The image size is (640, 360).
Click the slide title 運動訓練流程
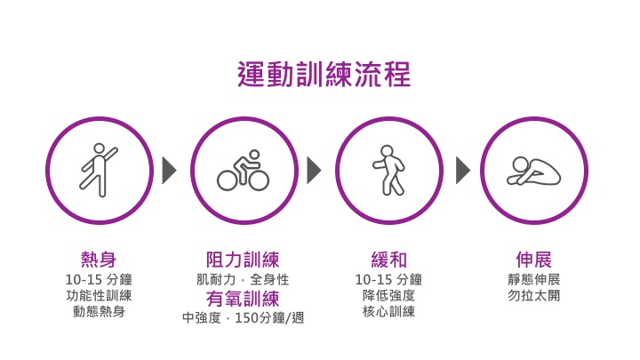[324, 75]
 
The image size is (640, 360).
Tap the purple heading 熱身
[99, 260]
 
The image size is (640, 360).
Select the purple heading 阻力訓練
[243, 260]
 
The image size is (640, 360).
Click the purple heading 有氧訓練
[243, 298]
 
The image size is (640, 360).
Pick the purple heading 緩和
[388, 260]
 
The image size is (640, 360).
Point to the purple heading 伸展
[533, 260]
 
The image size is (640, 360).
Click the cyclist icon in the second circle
[243, 170]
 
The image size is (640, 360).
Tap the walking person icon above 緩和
[388, 170]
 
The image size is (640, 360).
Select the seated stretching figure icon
[533, 170]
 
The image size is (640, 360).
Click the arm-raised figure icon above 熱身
[99, 169]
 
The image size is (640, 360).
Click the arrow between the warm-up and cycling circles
[170, 170]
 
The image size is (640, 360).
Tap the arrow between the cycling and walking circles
[315, 170]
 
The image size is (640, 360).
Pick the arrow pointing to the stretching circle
[462, 170]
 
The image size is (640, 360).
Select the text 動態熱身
[99, 312]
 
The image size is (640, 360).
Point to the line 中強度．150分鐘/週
[243, 317]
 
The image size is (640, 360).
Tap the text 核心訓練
[388, 312]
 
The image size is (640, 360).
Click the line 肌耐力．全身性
[243, 279]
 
